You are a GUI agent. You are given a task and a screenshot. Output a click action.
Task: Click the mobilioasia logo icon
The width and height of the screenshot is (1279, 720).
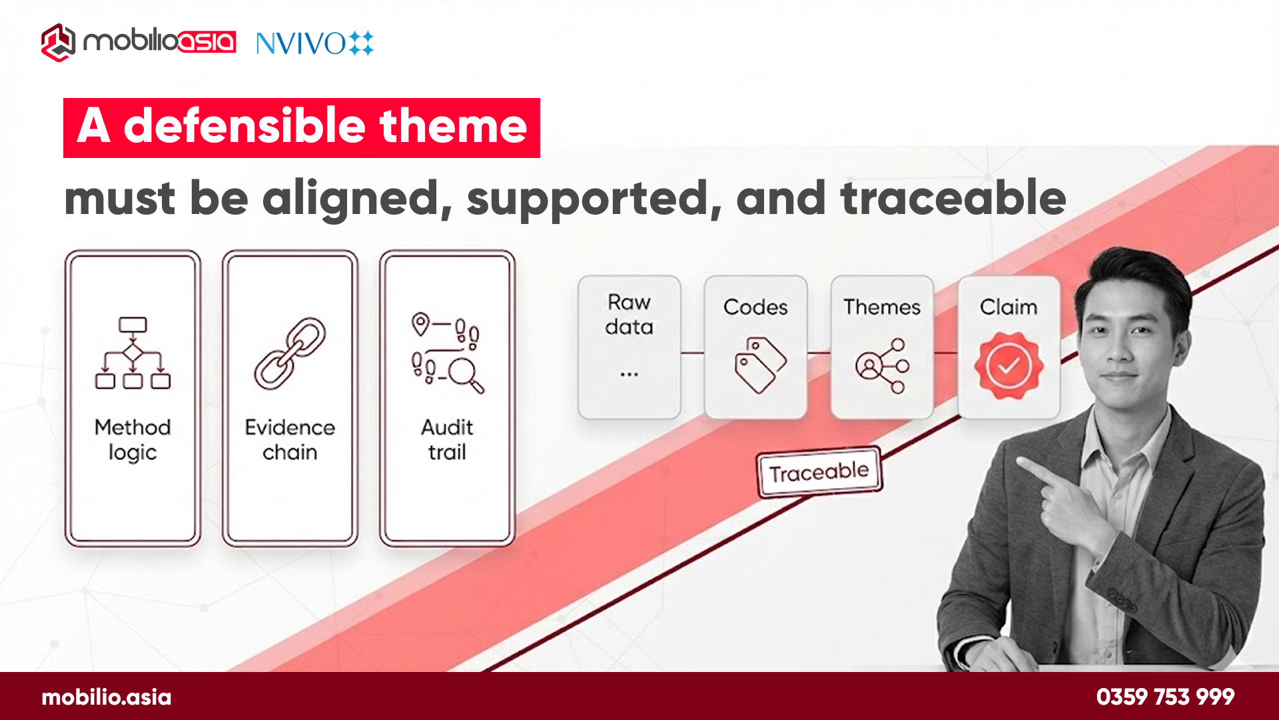click(x=58, y=43)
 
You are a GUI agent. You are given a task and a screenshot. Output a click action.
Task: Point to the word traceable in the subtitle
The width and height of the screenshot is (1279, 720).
click(x=953, y=198)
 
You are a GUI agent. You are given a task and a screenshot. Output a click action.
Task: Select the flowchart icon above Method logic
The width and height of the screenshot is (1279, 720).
click(x=133, y=353)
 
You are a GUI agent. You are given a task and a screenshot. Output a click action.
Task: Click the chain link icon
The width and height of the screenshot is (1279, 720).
click(x=290, y=353)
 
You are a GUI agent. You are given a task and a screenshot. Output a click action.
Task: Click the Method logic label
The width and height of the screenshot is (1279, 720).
click(x=133, y=439)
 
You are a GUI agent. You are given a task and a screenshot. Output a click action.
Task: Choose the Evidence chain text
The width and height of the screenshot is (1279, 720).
click(x=290, y=439)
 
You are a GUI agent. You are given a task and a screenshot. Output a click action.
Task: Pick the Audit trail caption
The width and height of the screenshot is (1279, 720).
click(x=447, y=439)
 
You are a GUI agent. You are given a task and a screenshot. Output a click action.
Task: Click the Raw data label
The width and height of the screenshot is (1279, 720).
click(x=629, y=314)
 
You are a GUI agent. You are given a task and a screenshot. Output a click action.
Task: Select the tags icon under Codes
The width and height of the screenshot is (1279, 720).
click(x=759, y=365)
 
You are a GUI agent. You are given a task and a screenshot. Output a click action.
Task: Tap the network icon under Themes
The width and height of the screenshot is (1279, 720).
click(x=883, y=365)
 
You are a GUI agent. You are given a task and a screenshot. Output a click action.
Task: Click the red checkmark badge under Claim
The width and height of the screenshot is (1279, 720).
click(x=1009, y=365)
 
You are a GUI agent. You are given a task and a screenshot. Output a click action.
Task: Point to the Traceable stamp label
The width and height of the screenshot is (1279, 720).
click(x=819, y=472)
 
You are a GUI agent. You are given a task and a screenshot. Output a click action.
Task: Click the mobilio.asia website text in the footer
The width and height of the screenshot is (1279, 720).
click(x=107, y=697)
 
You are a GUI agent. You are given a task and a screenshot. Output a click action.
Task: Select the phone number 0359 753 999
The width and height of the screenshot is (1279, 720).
click(x=1165, y=697)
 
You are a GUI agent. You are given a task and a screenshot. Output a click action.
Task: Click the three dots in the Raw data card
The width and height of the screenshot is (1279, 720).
click(x=629, y=375)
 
